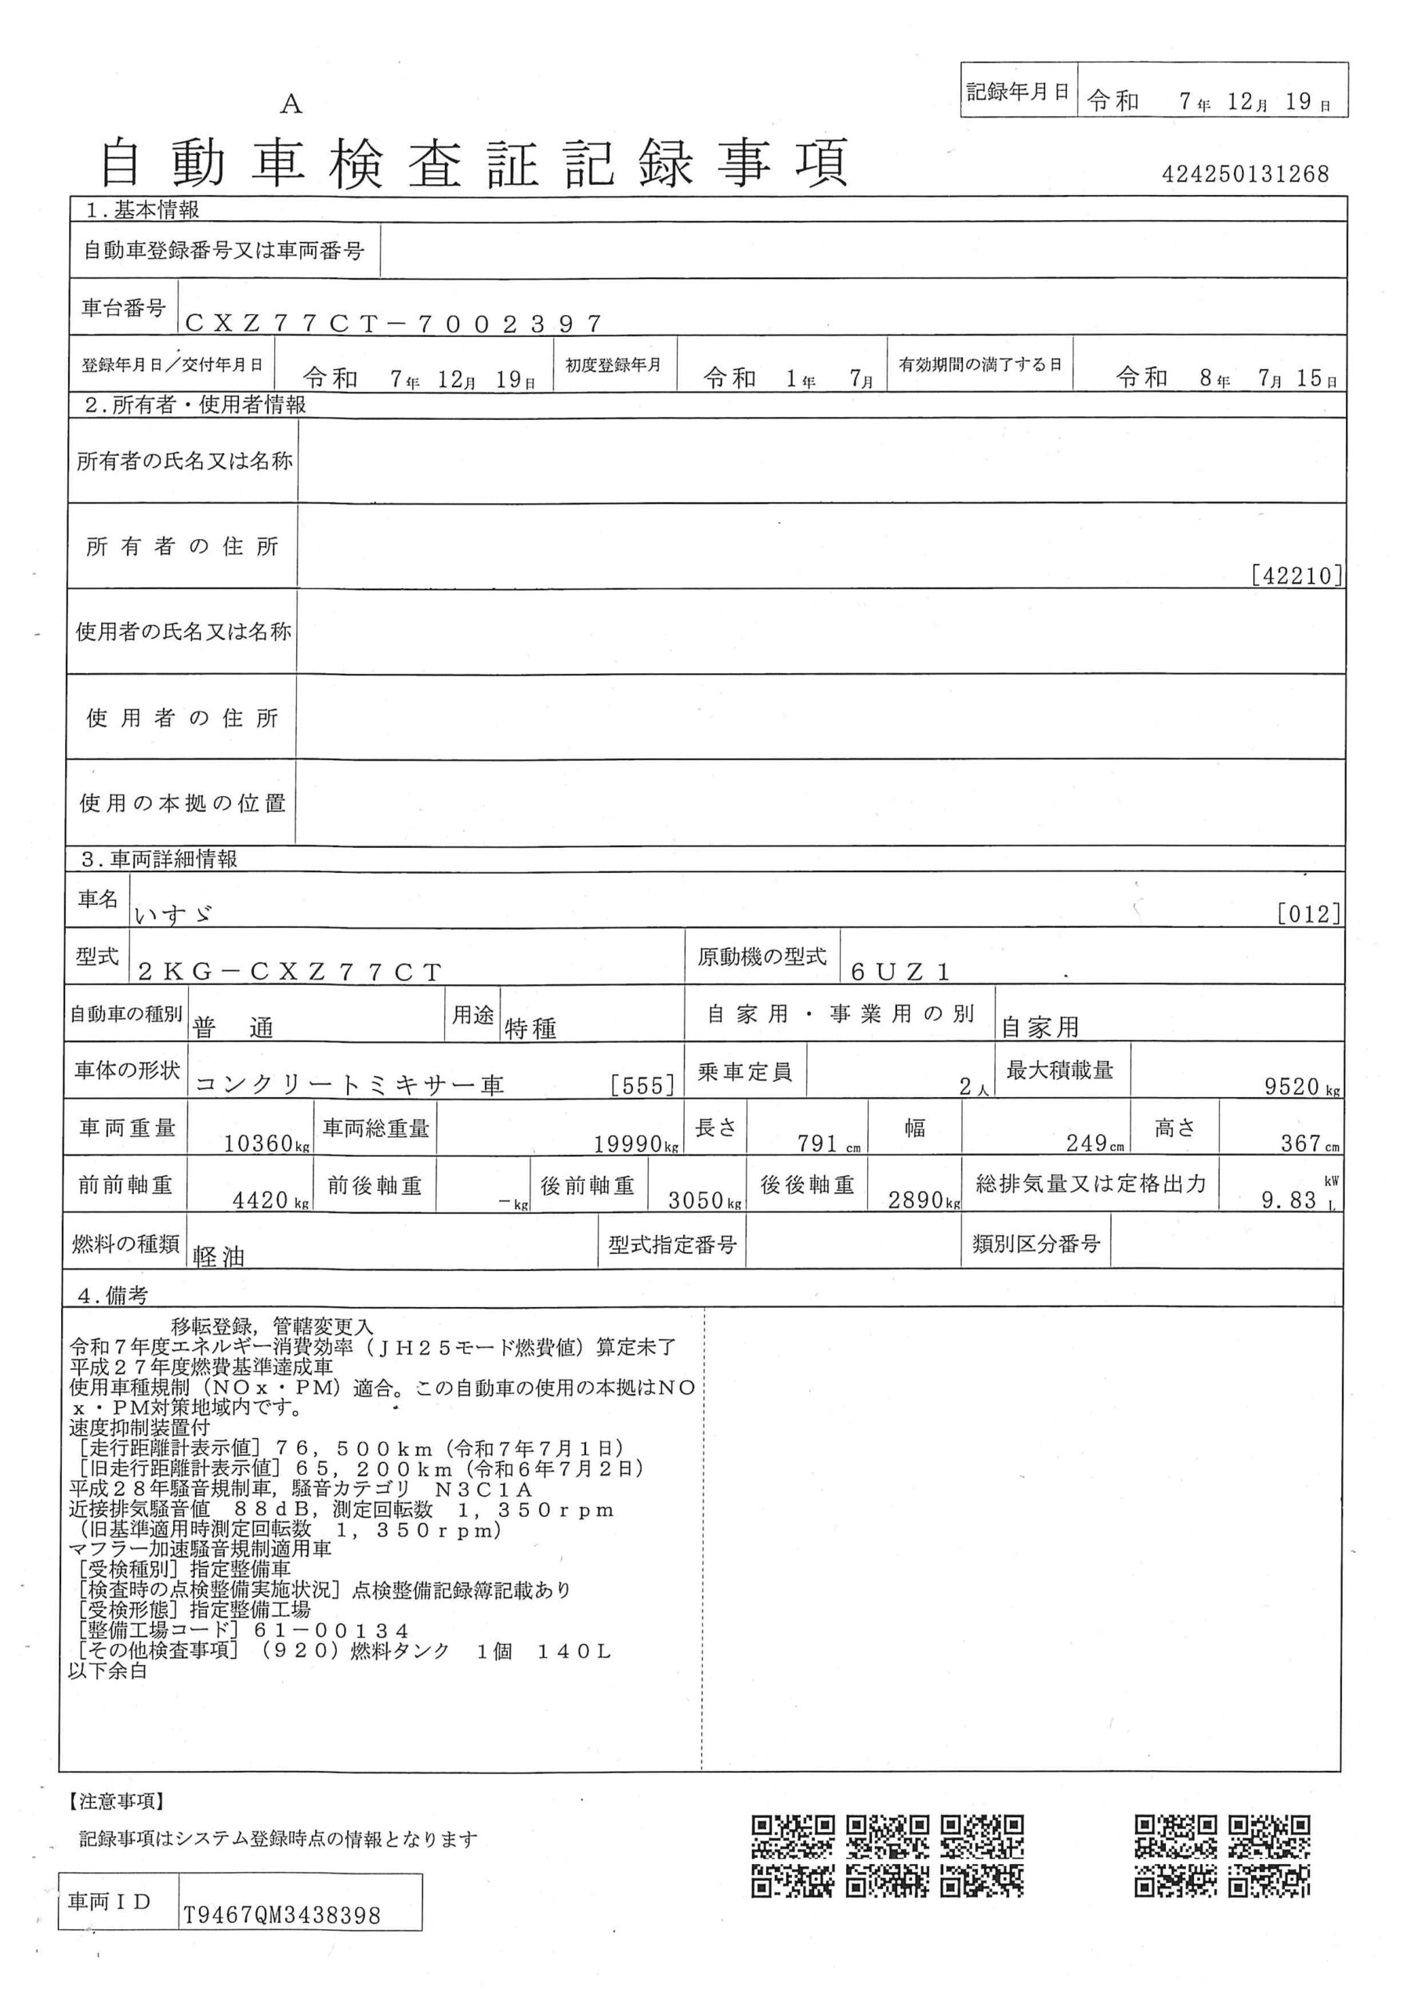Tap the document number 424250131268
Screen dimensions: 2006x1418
point(1244,174)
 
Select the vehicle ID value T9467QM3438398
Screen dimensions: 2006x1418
point(281,1916)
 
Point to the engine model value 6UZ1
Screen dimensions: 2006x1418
point(900,972)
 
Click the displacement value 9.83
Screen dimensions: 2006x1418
point(1289,1200)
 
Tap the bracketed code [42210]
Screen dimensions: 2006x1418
point(1297,576)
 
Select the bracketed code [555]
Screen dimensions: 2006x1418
point(643,1086)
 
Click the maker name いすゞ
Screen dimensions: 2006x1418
point(175,914)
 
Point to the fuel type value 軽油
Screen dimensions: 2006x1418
point(219,1256)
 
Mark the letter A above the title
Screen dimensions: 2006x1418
point(291,105)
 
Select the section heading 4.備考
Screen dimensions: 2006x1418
point(113,1297)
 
